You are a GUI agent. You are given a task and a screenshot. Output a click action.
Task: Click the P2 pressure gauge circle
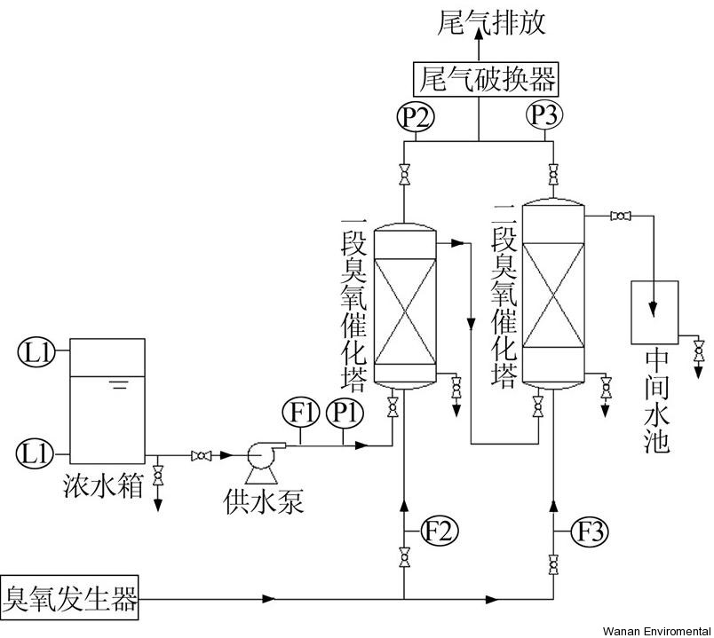[x=414, y=116]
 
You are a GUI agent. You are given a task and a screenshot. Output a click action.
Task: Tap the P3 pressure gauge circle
[x=543, y=114]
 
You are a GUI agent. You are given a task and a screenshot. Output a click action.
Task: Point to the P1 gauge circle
[x=343, y=413]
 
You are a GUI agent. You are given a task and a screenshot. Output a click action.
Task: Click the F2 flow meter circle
[x=440, y=532]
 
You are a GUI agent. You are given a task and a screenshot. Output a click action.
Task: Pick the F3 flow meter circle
[x=592, y=532]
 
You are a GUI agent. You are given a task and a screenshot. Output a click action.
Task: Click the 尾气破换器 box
[x=486, y=81]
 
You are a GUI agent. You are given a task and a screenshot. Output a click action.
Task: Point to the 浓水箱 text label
[x=103, y=486]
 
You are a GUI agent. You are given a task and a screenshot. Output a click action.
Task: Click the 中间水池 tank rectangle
[x=654, y=311]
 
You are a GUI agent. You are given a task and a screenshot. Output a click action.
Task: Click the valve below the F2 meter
[x=405, y=560]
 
